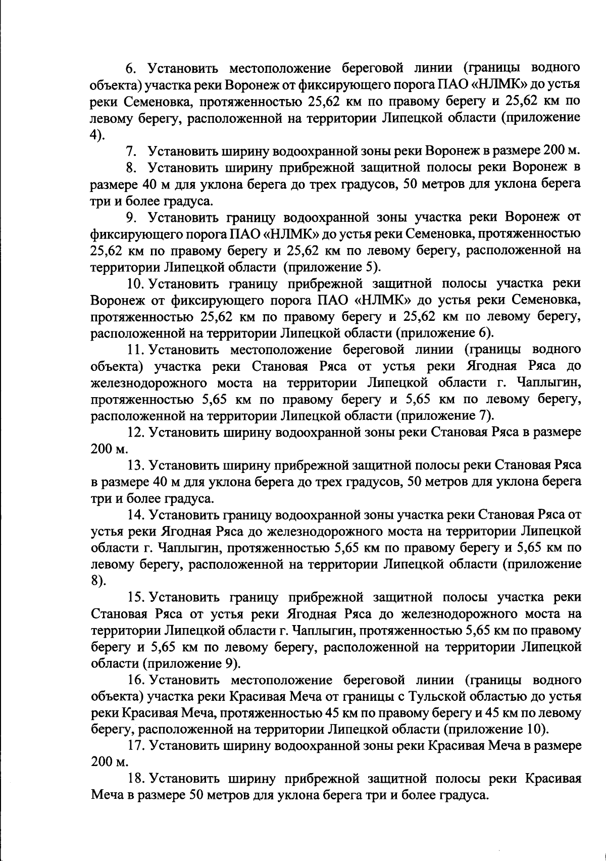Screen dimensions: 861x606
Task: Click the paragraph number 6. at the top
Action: pos(130,68)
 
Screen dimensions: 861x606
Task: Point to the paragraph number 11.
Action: pos(135,349)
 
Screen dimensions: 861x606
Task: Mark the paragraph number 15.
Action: pos(135,598)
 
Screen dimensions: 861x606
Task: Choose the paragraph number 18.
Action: pos(135,780)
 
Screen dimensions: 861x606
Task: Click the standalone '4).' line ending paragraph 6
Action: pos(97,134)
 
